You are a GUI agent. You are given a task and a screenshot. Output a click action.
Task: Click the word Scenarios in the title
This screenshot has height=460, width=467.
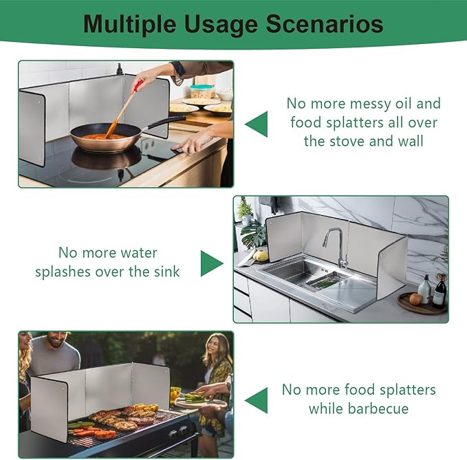tap(325, 24)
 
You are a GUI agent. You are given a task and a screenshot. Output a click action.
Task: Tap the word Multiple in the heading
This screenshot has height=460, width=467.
tap(129, 25)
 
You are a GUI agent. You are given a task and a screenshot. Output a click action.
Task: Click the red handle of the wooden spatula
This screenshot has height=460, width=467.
tap(138, 85)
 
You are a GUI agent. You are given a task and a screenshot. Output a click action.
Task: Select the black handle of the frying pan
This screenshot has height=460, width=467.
tap(166, 122)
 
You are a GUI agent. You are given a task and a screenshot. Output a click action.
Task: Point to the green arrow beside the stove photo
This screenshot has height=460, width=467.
tap(257, 124)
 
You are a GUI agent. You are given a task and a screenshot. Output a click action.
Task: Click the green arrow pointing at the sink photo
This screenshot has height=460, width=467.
tap(212, 263)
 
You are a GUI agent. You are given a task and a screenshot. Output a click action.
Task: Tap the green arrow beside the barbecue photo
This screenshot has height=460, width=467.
tap(257, 400)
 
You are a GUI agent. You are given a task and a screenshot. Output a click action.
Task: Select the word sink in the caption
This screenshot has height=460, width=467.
tap(166, 272)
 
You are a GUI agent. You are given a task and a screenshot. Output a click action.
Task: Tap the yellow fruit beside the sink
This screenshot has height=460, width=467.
tap(261, 256)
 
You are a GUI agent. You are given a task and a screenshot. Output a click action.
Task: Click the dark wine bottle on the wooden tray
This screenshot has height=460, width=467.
tap(439, 291)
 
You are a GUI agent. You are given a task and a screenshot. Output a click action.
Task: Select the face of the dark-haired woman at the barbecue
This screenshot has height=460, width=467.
tap(216, 347)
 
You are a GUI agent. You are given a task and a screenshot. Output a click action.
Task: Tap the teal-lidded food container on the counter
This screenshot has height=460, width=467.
tap(202, 91)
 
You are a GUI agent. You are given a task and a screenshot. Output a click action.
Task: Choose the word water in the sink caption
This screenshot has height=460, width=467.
tap(139, 253)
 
